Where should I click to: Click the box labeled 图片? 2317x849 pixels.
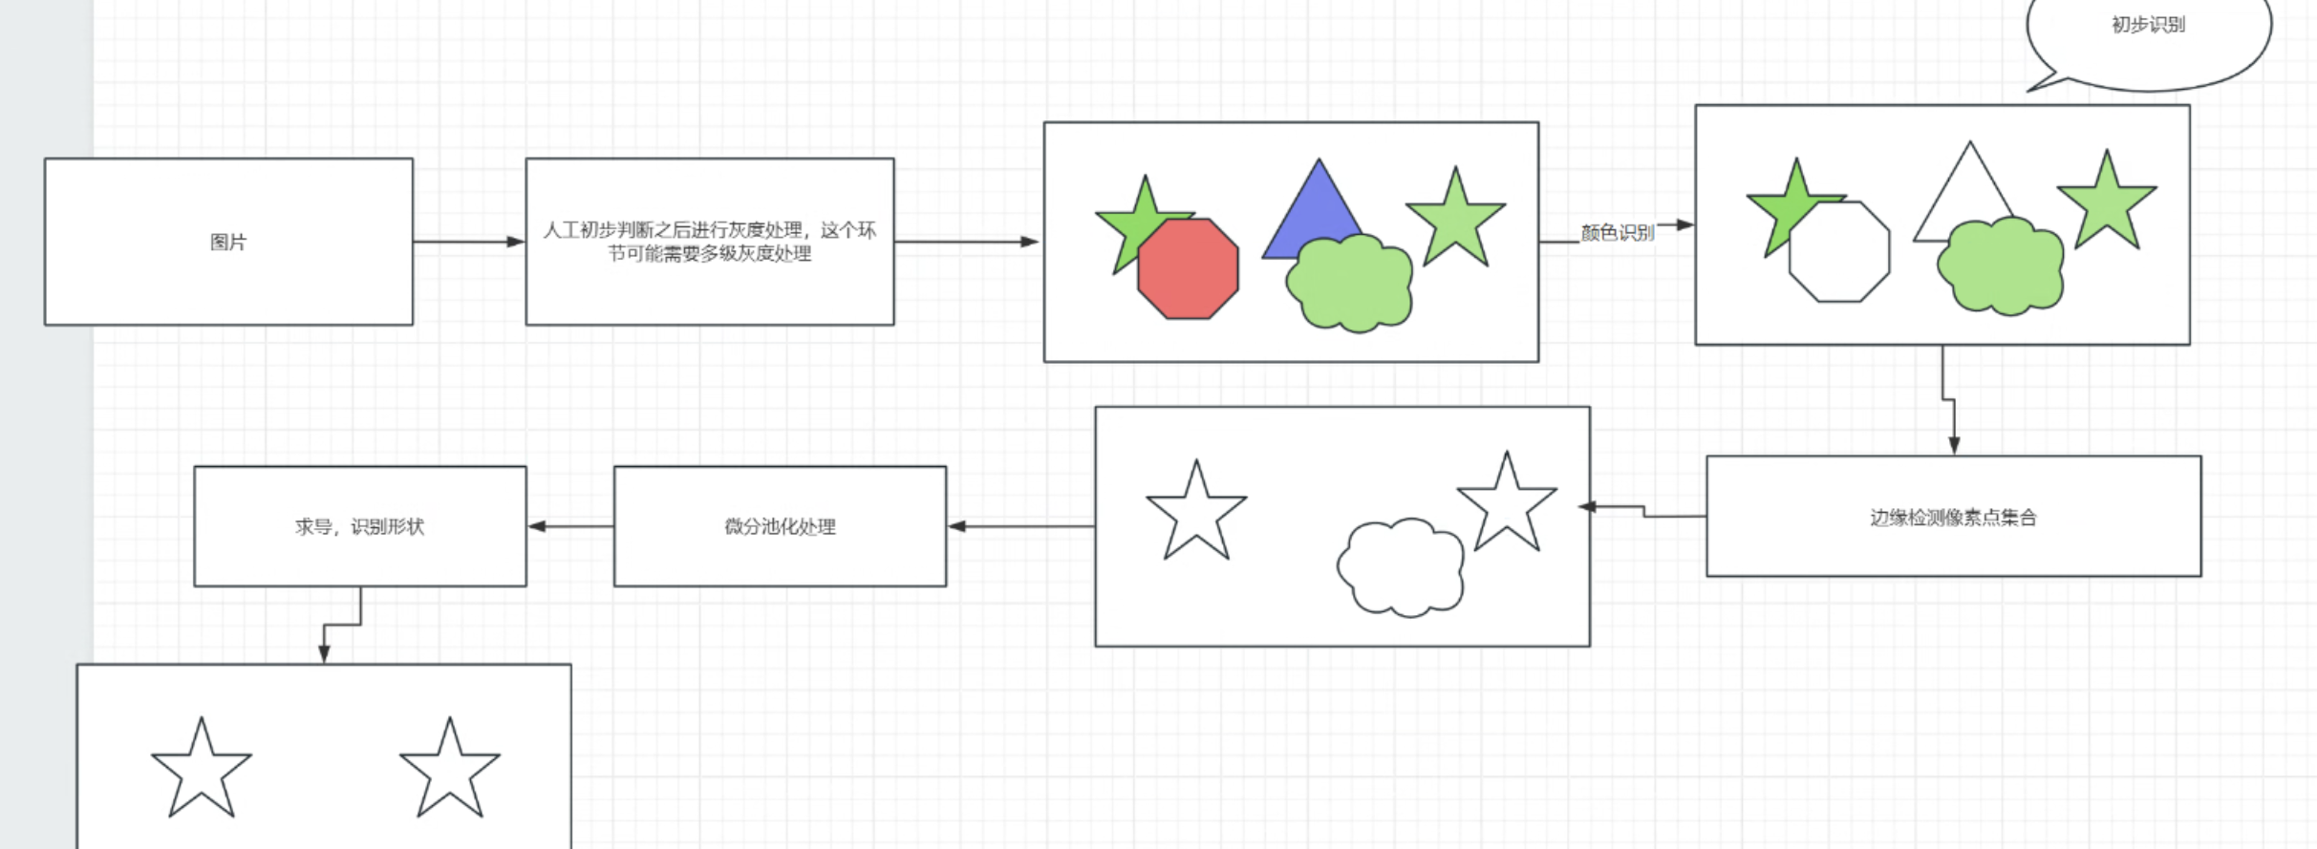click(x=228, y=242)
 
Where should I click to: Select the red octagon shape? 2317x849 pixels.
click(x=1188, y=268)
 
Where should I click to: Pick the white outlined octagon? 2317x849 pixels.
click(x=1839, y=252)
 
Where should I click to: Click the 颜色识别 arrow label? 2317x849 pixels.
click(x=1617, y=232)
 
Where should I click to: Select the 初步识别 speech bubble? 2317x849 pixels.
click(x=2148, y=38)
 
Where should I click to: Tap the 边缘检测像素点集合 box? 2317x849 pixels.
click(x=1953, y=517)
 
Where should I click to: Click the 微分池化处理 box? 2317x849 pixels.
click(x=780, y=526)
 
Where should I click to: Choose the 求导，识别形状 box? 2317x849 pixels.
click(x=359, y=526)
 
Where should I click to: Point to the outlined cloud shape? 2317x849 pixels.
click(x=1401, y=567)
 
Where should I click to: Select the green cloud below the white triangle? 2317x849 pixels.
click(x=2001, y=265)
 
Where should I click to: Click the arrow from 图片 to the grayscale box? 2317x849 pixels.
click(x=468, y=242)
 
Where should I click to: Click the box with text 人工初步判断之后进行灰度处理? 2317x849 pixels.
click(x=709, y=242)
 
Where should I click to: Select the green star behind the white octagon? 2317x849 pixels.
click(x=1783, y=205)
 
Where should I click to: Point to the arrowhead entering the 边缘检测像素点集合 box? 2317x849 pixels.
click(x=1954, y=445)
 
